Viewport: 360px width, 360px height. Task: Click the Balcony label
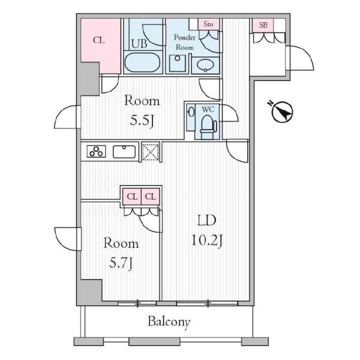169,322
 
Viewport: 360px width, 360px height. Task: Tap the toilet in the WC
208,127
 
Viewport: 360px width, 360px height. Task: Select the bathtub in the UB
142,62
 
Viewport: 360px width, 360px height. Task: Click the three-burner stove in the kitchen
96,151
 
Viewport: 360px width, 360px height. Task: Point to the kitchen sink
124,152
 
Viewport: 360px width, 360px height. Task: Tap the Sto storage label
208,24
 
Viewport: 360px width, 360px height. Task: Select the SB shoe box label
263,25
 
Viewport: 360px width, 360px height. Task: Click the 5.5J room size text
142,120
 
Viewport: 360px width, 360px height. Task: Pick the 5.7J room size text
121,263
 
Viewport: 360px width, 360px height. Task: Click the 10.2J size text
207,241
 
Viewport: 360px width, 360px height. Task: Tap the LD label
207,220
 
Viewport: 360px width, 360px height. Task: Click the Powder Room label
185,42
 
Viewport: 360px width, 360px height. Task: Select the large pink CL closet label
99,40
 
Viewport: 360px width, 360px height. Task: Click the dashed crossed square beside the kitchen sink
151,152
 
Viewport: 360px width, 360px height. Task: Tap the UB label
139,44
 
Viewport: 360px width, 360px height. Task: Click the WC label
208,110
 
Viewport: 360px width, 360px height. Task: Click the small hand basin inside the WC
191,113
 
